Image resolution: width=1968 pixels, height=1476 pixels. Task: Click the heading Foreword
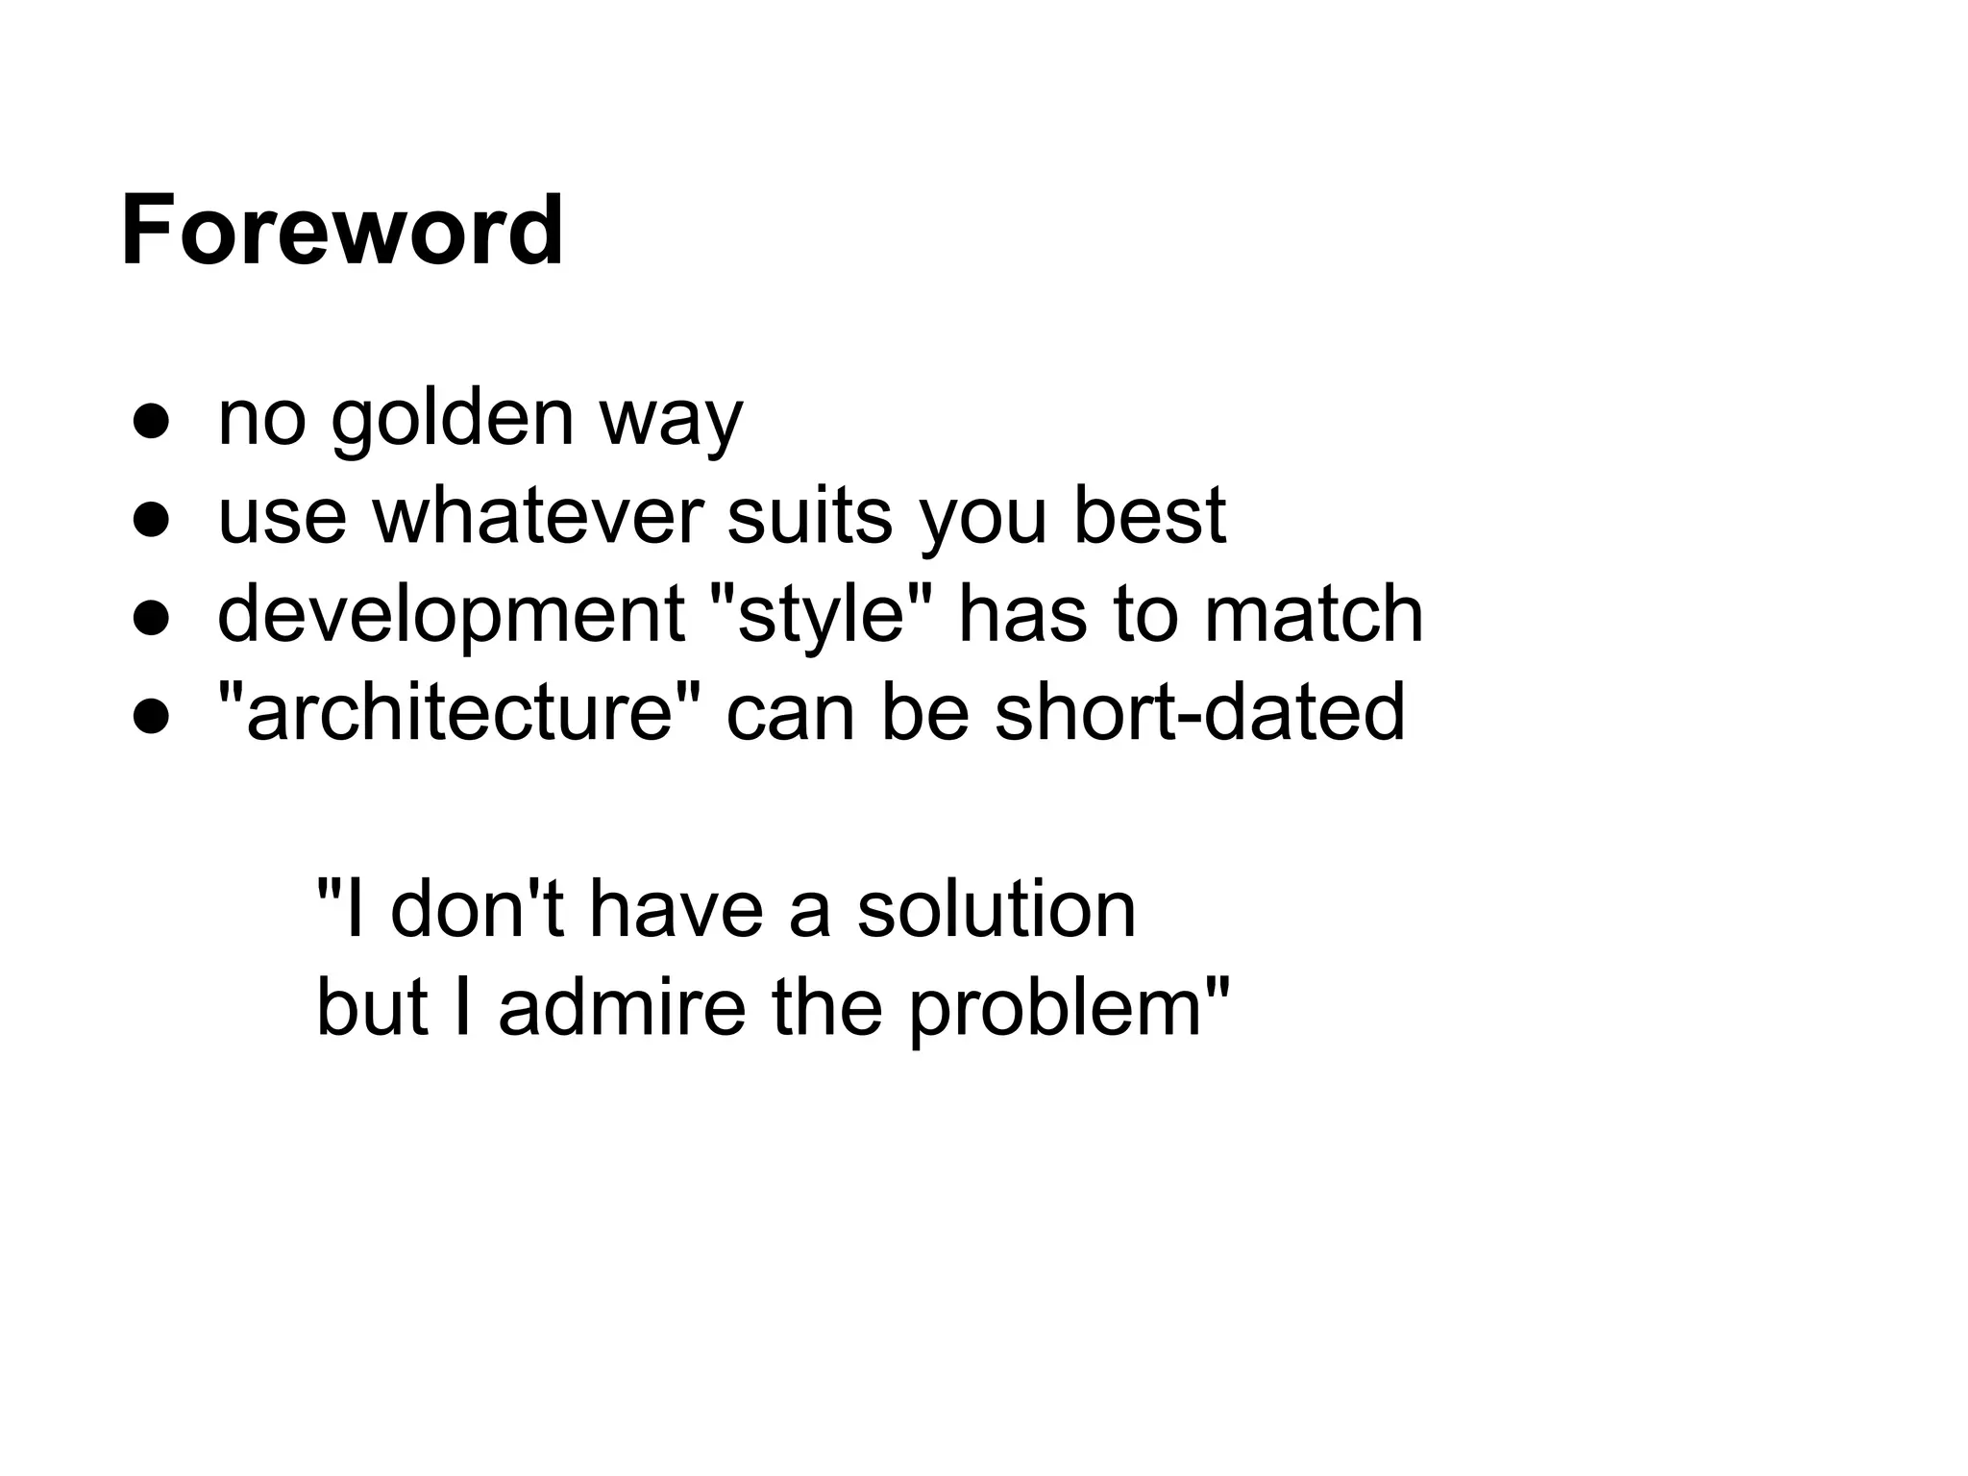342,231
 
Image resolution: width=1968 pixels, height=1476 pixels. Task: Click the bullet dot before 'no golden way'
152,421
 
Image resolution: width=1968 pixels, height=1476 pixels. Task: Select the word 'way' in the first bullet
671,423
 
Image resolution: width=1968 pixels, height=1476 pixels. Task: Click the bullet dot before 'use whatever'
152,520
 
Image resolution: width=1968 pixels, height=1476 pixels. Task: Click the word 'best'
1148,517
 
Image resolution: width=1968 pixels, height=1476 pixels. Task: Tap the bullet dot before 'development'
152,618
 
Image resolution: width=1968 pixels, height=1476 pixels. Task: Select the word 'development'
451,617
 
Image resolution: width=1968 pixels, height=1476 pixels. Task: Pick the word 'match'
1314,615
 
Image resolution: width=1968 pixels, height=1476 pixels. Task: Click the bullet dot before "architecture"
152,717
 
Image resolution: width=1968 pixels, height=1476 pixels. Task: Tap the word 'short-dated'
1199,713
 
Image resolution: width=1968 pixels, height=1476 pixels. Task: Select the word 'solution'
996,909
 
